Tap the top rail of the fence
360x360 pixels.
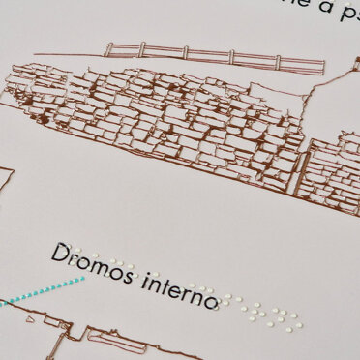213,51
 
